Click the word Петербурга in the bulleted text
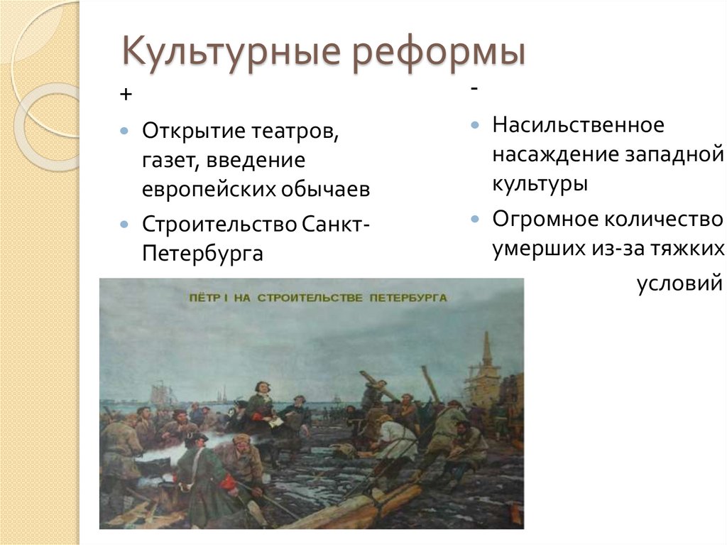pos(202,254)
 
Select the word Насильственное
pos(578,125)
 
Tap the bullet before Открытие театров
pos(124,132)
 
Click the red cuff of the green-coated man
pos(229,482)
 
